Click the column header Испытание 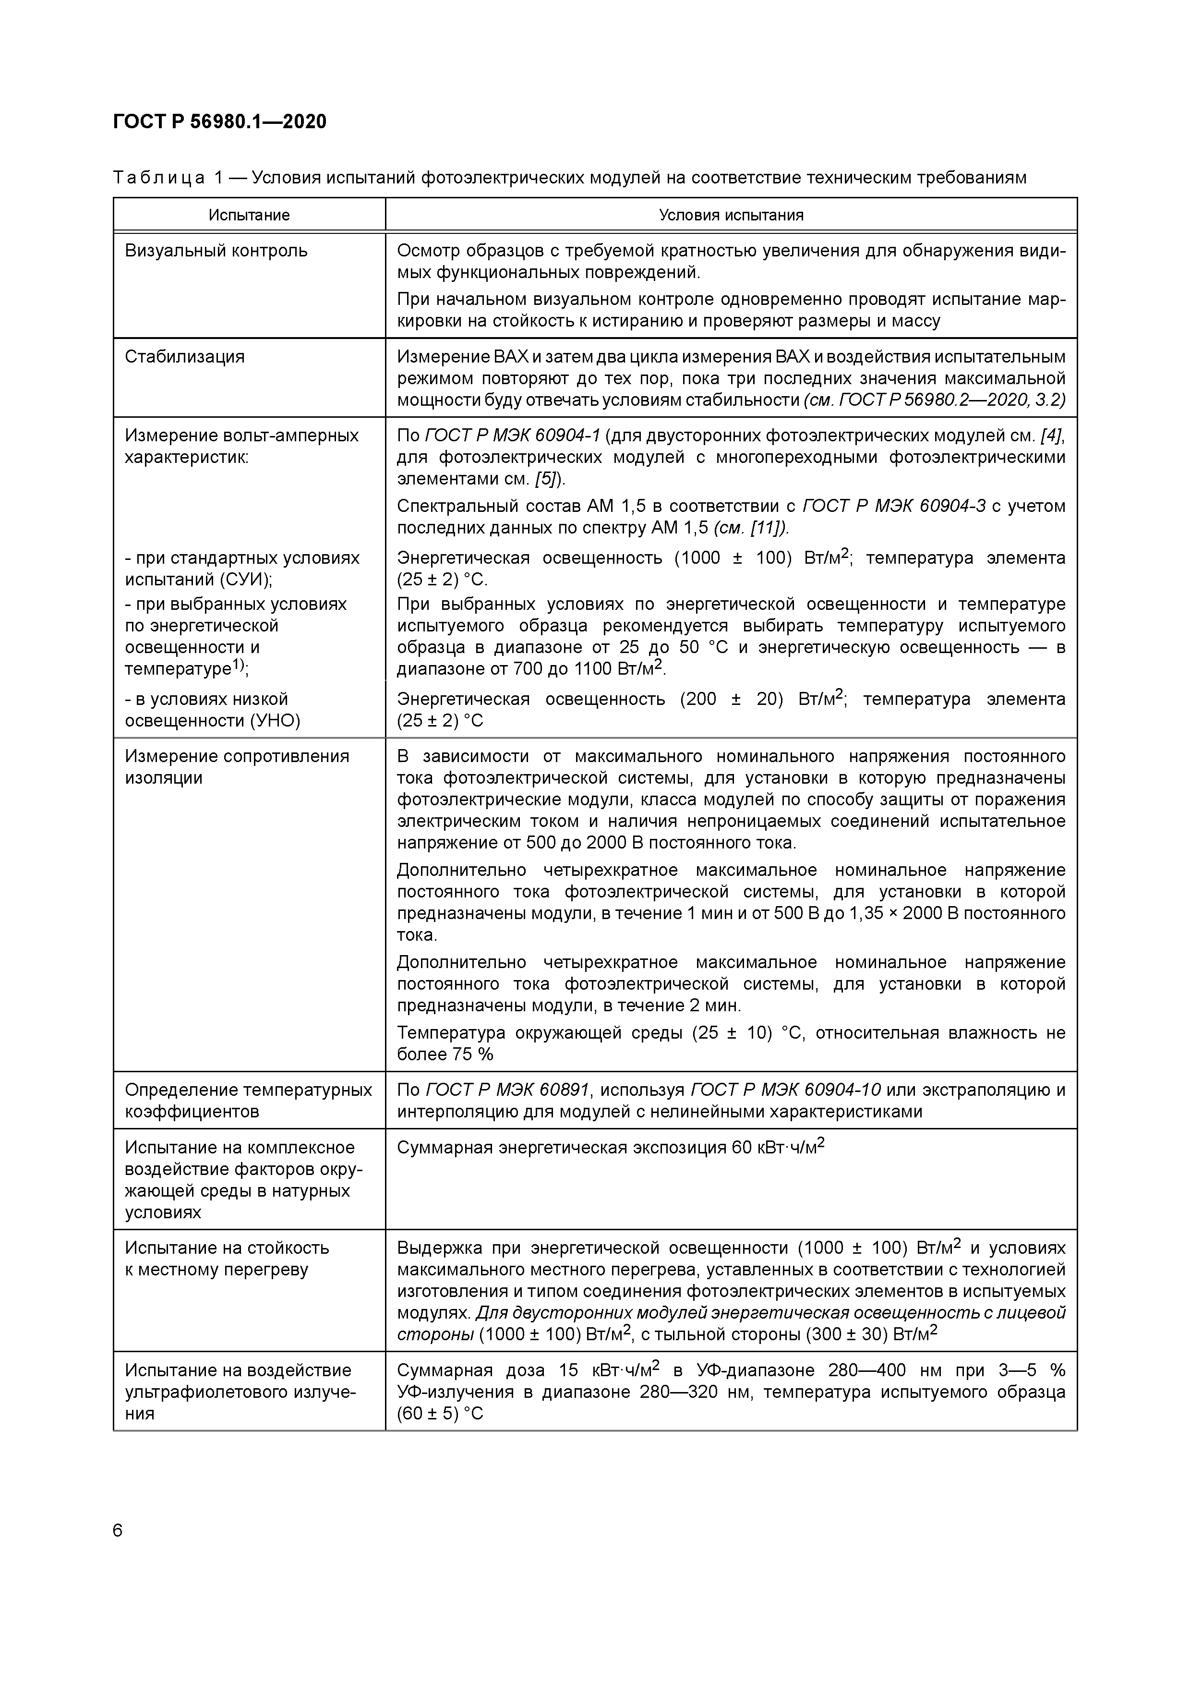[249, 215]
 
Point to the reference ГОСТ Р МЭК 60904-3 [894, 506]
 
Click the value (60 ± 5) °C [440, 1413]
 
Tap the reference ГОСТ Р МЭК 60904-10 [785, 1090]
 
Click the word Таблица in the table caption [158, 178]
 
